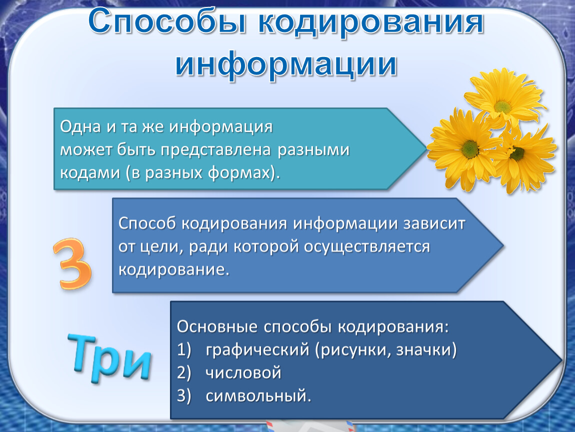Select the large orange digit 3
tap(72, 263)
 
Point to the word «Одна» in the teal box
tap(80, 127)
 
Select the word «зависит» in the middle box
tap(434, 223)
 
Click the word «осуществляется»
tap(366, 247)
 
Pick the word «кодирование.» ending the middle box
tap(174, 269)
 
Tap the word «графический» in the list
tap(257, 350)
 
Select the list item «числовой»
tap(243, 372)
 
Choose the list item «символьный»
tap(258, 396)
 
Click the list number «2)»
tap(184, 373)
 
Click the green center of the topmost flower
tap(502, 107)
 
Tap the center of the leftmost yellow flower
tap(470, 149)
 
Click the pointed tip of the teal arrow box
tap(426, 148)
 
